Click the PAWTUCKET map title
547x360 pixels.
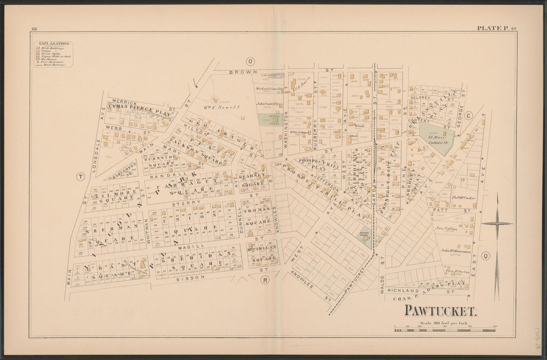[440, 311]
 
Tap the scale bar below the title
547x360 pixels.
[445, 330]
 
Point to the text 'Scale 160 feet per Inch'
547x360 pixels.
[444, 323]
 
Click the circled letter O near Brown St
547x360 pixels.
[250, 61]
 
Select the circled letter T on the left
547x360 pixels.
[81, 177]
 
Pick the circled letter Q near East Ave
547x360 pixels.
[486, 256]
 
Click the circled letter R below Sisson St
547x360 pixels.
[265, 280]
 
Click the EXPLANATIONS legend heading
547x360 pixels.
[54, 44]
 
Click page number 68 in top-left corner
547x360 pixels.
[34, 29]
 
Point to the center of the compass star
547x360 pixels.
[497, 224]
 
